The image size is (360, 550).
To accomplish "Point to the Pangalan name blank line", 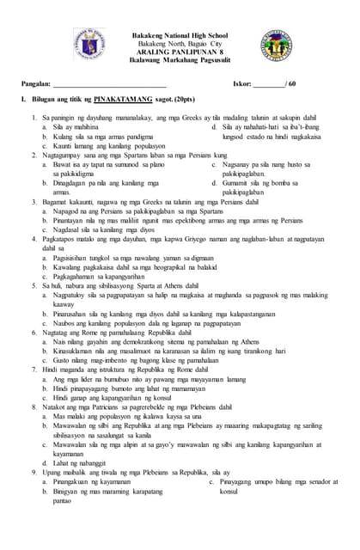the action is (108, 85).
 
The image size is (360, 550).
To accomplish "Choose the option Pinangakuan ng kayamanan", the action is (94, 482).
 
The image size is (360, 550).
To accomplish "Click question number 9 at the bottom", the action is (34, 471).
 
